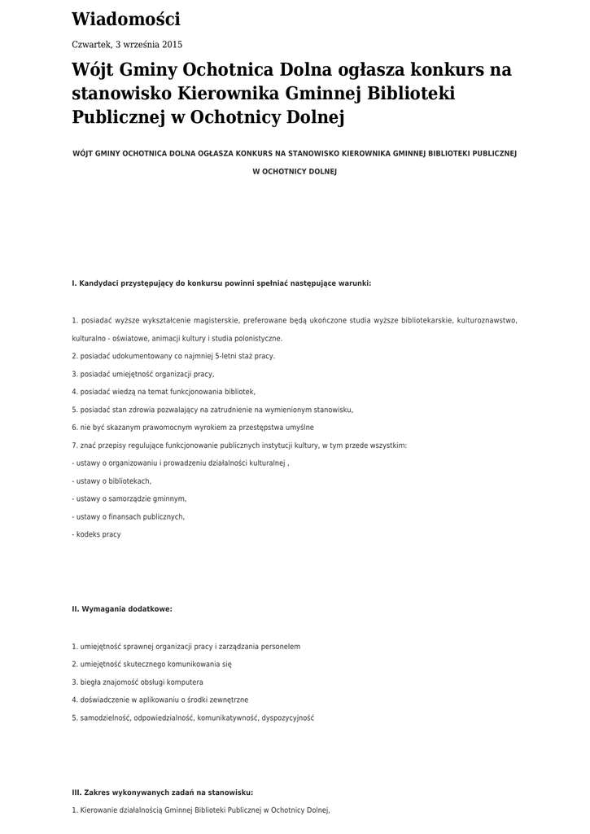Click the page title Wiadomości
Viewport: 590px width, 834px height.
(x=126, y=20)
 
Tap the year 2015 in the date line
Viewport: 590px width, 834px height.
(x=172, y=45)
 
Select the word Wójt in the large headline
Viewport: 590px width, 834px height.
(x=93, y=70)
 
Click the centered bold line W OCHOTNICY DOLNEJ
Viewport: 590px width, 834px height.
(x=295, y=172)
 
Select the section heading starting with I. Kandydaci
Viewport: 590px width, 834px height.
(x=221, y=283)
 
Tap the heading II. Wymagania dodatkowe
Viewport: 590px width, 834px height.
(x=122, y=608)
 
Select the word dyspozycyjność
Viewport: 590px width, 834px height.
(x=288, y=718)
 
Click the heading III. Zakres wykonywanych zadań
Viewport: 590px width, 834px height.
(x=163, y=792)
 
